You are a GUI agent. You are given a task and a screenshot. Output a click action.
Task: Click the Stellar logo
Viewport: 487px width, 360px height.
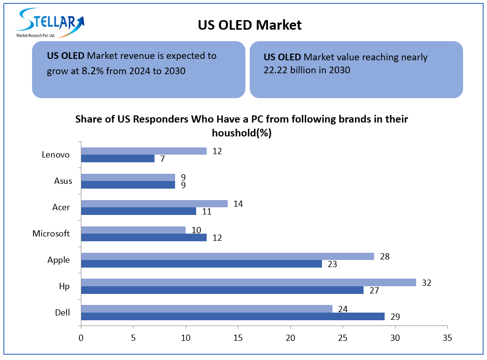pos(51,22)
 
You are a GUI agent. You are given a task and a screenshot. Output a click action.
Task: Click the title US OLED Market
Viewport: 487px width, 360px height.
pos(250,25)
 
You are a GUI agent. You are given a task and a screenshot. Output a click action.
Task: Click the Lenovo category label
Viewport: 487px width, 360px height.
pos(55,155)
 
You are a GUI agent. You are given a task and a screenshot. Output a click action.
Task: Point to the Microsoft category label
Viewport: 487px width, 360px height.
pos(51,234)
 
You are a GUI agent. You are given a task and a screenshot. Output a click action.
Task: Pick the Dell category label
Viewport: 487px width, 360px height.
pos(62,313)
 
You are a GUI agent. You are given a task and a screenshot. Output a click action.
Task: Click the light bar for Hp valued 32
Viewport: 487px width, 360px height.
pos(248,282)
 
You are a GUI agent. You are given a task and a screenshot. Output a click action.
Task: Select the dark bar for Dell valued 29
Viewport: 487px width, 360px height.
pos(232,316)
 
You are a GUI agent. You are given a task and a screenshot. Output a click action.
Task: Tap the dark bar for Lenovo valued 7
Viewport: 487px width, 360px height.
pos(118,158)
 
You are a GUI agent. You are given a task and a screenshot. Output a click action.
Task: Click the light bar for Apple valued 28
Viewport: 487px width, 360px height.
pos(227,256)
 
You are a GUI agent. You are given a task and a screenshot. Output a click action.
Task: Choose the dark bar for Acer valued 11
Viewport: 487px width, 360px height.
pos(138,211)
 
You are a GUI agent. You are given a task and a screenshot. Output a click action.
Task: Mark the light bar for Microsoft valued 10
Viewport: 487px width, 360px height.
pos(133,230)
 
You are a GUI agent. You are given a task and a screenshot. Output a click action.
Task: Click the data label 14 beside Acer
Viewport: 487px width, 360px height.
pos(238,203)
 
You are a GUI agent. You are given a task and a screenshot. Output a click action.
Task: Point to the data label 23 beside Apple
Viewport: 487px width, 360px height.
pos(332,264)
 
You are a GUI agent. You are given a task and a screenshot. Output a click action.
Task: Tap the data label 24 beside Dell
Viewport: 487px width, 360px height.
pos(343,309)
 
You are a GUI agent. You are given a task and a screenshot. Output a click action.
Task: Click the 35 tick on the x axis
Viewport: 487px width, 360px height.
pos(447,338)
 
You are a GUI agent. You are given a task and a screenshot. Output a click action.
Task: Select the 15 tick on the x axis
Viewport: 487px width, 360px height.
pos(238,338)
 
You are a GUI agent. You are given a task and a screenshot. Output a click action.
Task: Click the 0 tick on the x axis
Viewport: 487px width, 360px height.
pos(81,338)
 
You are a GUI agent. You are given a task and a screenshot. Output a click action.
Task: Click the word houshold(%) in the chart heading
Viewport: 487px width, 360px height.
pos(242,133)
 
